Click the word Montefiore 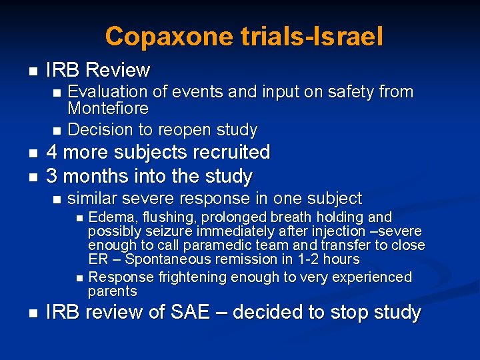point(108,108)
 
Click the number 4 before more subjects point(51,153)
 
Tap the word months point(93,177)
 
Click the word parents point(112,291)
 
